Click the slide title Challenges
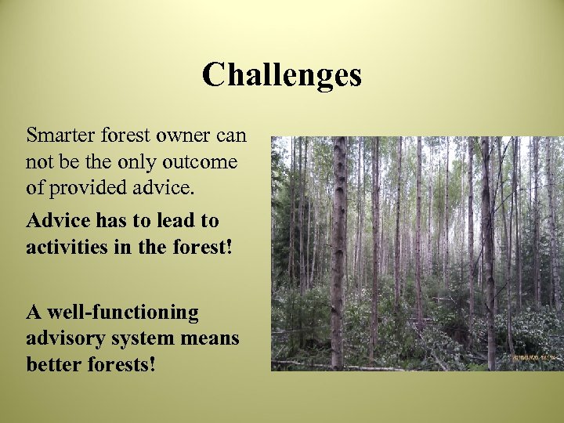click(x=281, y=75)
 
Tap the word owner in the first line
click(x=183, y=135)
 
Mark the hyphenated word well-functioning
click(x=113, y=312)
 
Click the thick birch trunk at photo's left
click(x=338, y=251)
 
